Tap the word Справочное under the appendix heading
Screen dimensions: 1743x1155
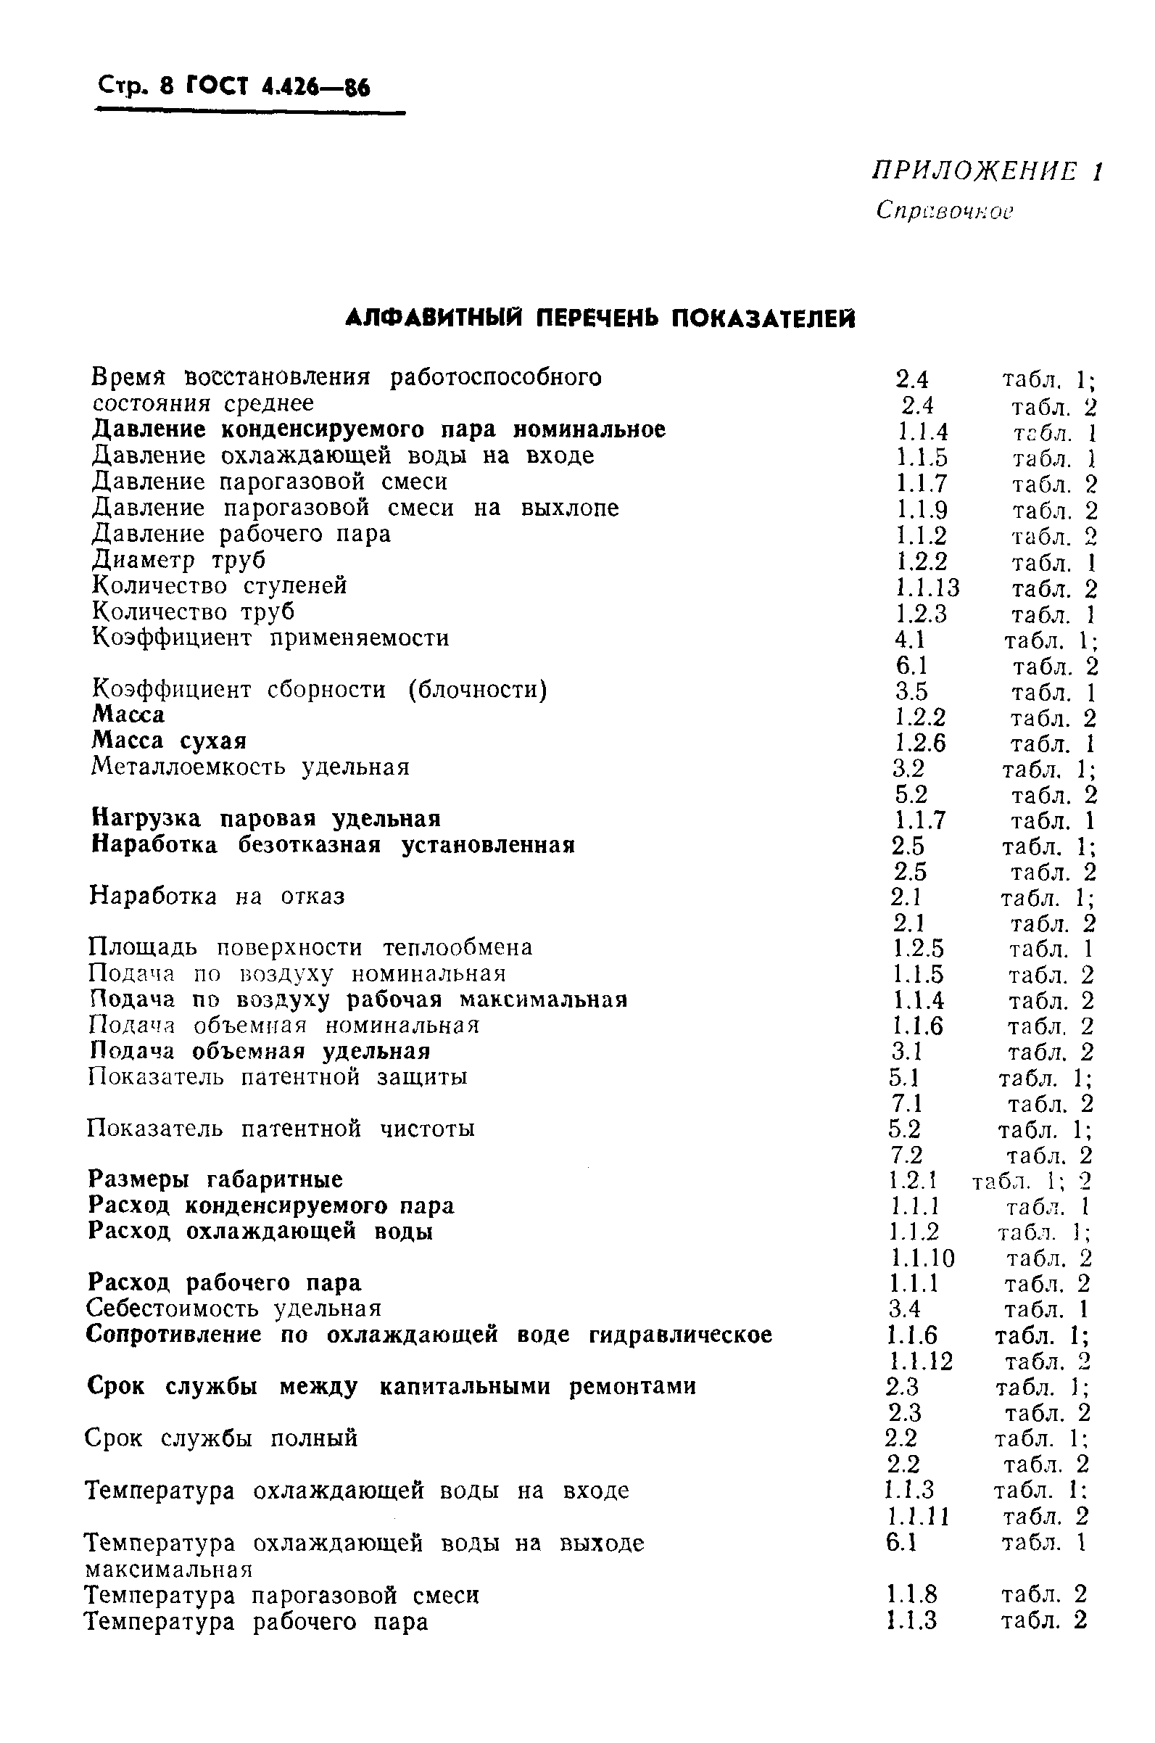tap(944, 211)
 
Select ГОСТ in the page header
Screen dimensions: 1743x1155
tap(218, 88)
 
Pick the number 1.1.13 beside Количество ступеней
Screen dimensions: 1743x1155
tap(927, 588)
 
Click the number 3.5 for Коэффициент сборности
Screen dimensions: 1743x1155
tap(911, 692)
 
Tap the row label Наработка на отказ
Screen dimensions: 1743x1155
tap(217, 896)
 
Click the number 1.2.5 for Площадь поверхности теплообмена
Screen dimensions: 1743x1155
tap(918, 948)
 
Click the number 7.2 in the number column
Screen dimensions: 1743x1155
tap(906, 1155)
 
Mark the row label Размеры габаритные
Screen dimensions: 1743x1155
tap(215, 1179)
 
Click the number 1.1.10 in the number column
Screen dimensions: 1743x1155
tap(921, 1258)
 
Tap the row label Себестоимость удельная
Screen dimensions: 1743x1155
tap(233, 1309)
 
